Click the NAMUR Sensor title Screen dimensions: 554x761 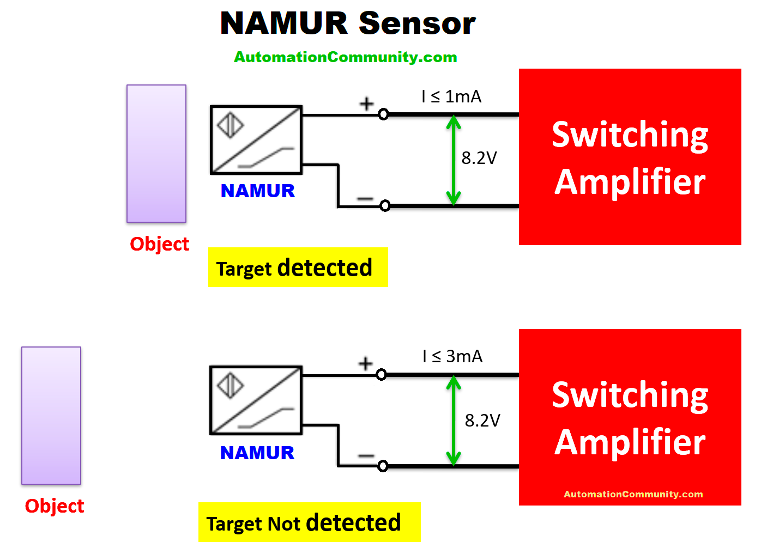pyautogui.click(x=348, y=23)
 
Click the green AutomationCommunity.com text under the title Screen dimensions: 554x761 pyautogui.click(x=345, y=57)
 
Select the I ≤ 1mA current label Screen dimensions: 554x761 pyautogui.click(x=451, y=96)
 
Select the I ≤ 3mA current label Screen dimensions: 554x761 pyautogui.click(x=452, y=356)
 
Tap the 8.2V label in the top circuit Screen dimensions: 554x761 pyautogui.click(x=479, y=158)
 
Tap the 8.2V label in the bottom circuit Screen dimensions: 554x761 pyautogui.click(x=482, y=421)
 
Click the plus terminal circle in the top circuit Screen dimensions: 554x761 pyautogui.click(x=383, y=114)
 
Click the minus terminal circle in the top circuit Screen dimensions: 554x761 pyautogui.click(x=385, y=206)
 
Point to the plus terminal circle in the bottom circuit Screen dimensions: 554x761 pyautogui.click(x=381, y=375)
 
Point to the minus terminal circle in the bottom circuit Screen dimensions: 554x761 pyautogui.click(x=383, y=466)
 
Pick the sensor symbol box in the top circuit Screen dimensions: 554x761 pyautogui.click(x=256, y=140)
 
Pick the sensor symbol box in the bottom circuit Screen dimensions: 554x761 pyautogui.click(x=256, y=400)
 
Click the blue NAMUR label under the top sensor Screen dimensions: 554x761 pyautogui.click(x=257, y=191)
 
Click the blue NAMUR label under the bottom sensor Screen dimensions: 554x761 pyautogui.click(x=257, y=453)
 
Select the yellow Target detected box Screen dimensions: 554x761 pyautogui.click(x=298, y=267)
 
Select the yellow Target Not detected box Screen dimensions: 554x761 pyautogui.click(x=309, y=522)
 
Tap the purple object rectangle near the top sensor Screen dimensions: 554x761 pyautogui.click(x=156, y=154)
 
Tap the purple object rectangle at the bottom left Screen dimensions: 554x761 pyautogui.click(x=51, y=416)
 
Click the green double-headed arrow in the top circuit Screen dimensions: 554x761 pyautogui.click(x=454, y=161)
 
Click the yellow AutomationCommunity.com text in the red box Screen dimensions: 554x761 pyautogui.click(x=633, y=494)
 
